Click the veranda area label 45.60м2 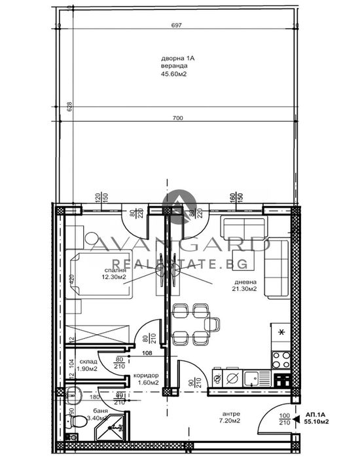(174, 75)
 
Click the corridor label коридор (146, 375)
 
